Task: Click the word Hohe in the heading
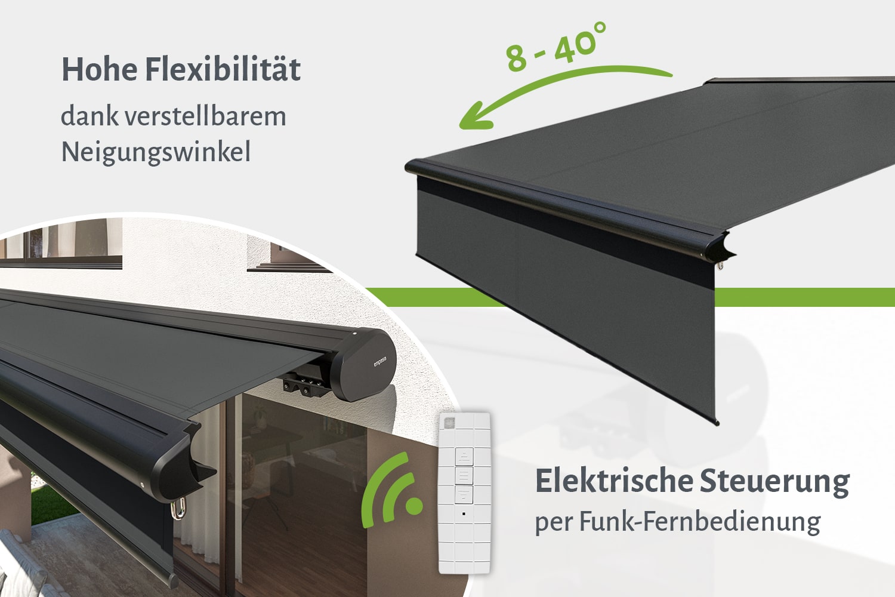click(100, 70)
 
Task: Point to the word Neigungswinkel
click(156, 152)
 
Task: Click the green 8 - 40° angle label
click(556, 47)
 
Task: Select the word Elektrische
click(614, 481)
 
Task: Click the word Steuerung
click(774, 482)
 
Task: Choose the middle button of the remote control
click(464, 475)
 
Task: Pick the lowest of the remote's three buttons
click(464, 495)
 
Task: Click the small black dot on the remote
click(464, 514)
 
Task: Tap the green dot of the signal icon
click(414, 506)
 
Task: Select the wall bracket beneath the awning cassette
click(304, 384)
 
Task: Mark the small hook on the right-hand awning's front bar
click(720, 266)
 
